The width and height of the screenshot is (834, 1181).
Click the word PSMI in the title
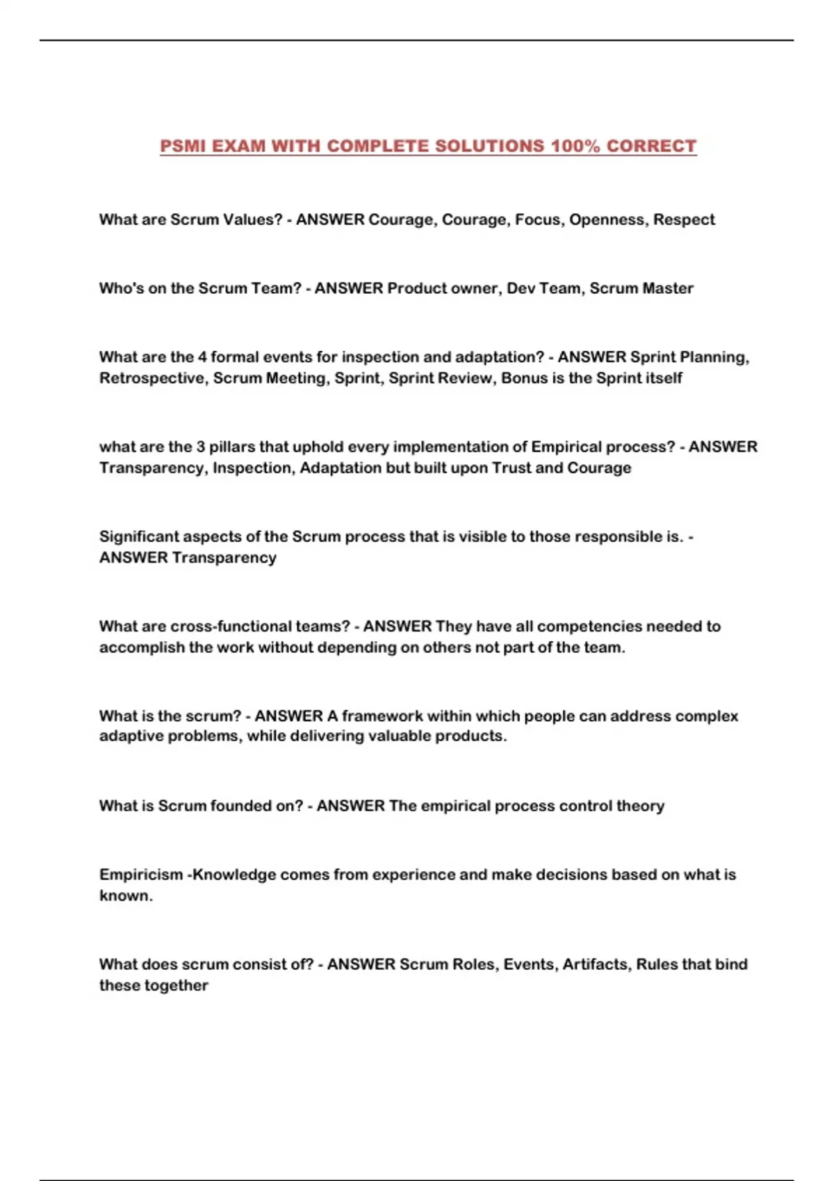183,146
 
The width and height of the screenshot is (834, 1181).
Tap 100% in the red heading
574,146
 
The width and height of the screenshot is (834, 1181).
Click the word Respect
684,220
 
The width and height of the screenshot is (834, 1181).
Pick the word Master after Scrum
668,288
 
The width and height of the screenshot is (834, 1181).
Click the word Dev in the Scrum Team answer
521,288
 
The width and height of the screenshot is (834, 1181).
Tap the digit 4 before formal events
202,357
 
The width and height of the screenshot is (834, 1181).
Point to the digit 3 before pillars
200,447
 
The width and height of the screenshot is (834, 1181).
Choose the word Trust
512,468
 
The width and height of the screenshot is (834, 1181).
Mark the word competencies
589,626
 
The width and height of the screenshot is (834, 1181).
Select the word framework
382,716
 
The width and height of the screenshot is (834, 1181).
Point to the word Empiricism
141,875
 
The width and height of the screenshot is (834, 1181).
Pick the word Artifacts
594,964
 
